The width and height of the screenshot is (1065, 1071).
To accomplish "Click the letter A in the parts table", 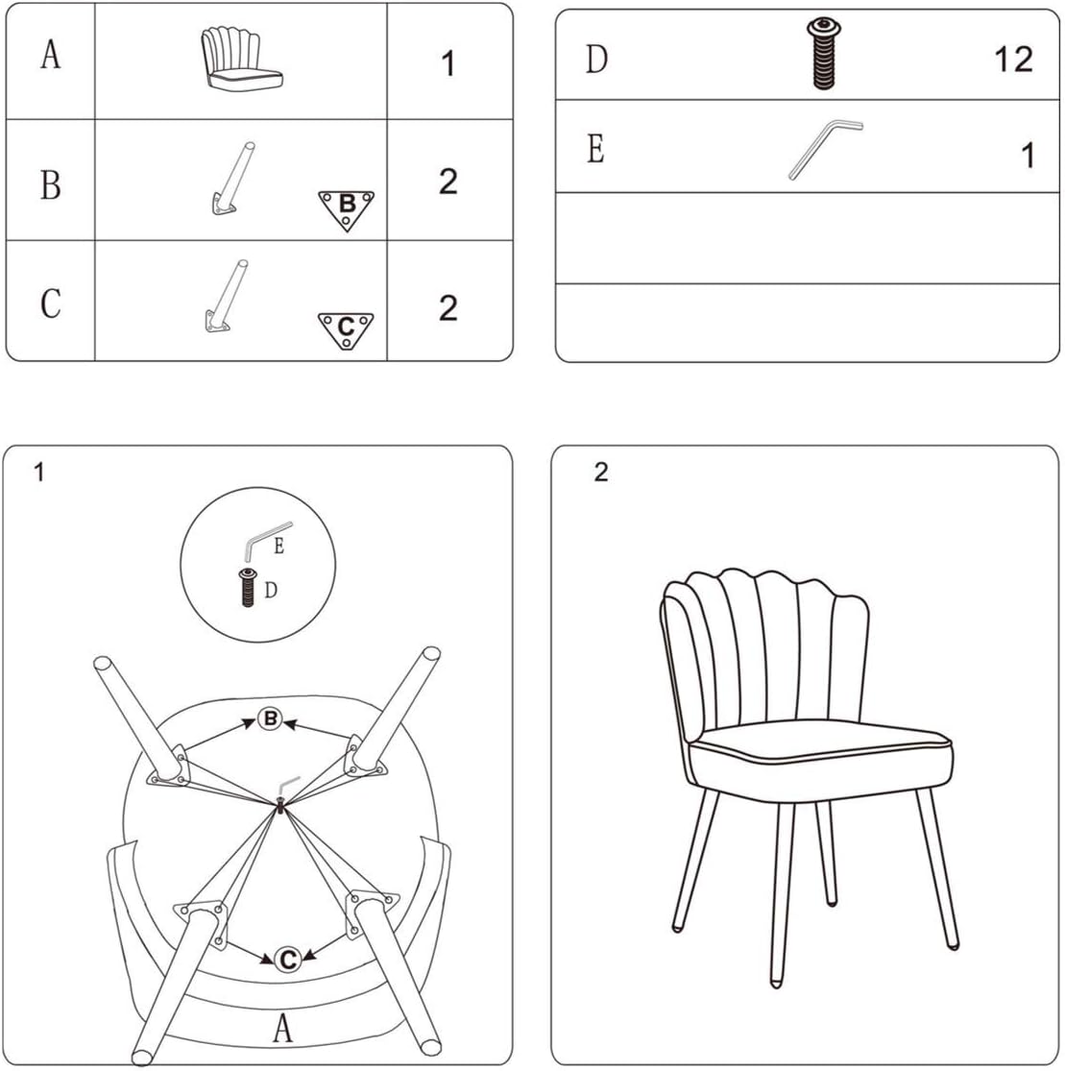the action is coord(51,54).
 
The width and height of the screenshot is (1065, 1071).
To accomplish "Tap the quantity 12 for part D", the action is coord(1013,60).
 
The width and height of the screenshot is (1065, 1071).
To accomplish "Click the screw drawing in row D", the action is coord(824,53).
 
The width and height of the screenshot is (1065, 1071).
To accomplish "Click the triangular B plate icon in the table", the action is coord(347,209).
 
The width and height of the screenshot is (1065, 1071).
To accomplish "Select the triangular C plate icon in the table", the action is coord(346,330).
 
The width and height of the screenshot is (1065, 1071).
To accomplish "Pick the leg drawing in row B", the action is coord(231,179).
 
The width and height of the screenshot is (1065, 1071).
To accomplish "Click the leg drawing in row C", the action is coord(228,297).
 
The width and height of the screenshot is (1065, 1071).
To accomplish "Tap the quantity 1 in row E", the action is coord(1028,155).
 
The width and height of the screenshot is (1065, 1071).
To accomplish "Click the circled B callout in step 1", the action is coord(271,718).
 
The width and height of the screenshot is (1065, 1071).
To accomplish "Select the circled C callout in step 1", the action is coord(287,959).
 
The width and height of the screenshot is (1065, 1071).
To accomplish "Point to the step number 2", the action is coord(601,472).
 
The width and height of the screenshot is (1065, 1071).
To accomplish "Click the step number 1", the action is coord(39,472).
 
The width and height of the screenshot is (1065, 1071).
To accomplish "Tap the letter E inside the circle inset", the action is coord(278,547).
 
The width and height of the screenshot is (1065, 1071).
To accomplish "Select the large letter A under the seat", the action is coord(282,1027).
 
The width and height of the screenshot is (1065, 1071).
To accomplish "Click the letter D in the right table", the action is coord(596,59).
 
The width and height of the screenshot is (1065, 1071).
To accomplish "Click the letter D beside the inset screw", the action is coord(271,590).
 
